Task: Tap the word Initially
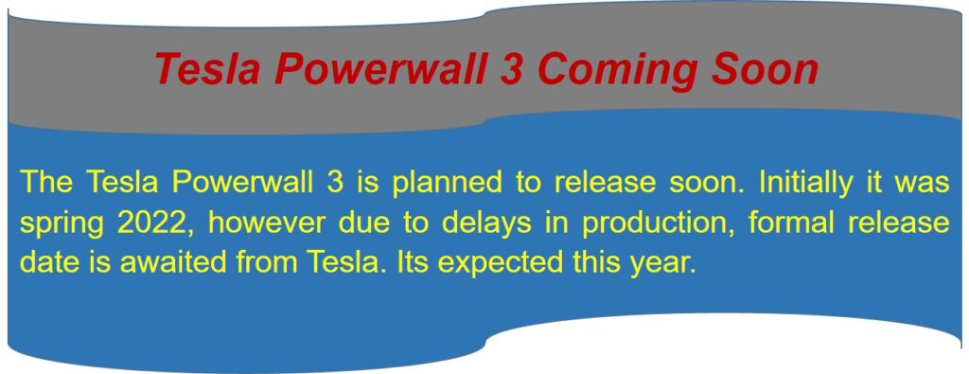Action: click(804, 183)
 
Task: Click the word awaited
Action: click(172, 263)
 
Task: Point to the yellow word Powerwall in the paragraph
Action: click(242, 183)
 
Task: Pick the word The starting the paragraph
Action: click(46, 183)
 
